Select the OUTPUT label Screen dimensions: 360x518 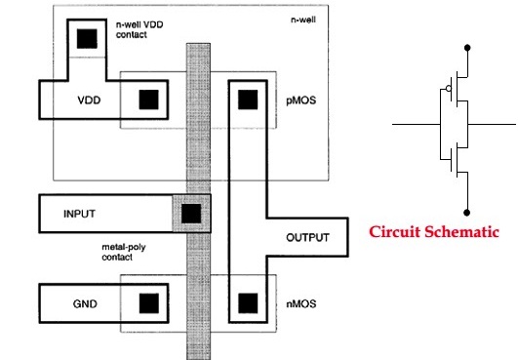point(309,237)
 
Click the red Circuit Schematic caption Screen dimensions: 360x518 point(435,232)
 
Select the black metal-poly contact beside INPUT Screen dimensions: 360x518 point(190,212)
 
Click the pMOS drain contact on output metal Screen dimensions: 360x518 point(247,99)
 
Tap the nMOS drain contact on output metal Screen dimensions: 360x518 point(247,303)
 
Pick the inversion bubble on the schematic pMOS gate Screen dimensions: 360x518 point(447,91)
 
